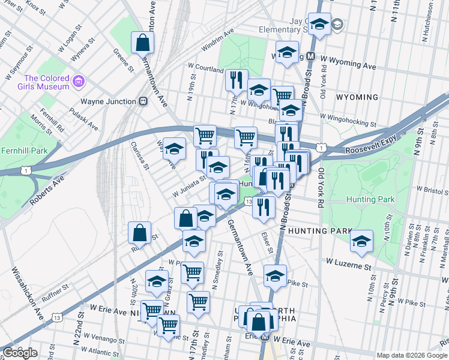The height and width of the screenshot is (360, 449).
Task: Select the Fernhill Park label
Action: pos(23,149)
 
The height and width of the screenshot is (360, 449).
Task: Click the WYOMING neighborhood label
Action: pos(357,97)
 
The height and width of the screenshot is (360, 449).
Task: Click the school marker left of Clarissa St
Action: pos(174,149)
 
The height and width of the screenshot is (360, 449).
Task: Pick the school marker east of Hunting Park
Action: pos(361,241)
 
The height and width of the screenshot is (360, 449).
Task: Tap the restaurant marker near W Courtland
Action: pos(236,79)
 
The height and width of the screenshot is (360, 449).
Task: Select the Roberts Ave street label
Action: pos(47,188)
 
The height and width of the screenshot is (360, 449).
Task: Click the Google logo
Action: pos(20,353)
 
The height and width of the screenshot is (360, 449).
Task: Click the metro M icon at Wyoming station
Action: pos(311,56)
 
